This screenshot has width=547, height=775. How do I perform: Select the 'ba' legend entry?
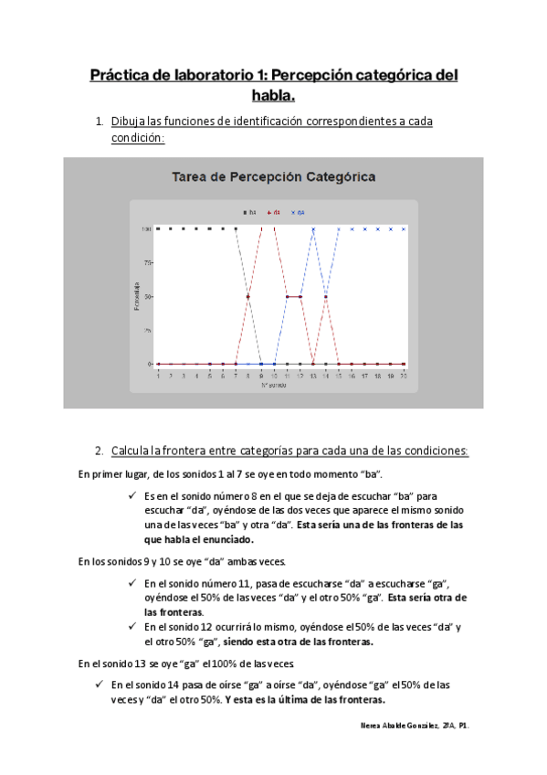(x=249, y=211)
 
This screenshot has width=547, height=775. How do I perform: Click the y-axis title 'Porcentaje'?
(x=136, y=296)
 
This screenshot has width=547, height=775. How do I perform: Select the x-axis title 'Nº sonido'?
(x=274, y=384)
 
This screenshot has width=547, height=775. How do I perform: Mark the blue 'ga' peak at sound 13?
(x=313, y=229)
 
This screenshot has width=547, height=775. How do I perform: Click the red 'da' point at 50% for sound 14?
(x=326, y=296)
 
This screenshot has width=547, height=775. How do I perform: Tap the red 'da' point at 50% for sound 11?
(x=288, y=296)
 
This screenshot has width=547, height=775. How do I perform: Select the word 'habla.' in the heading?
(x=273, y=95)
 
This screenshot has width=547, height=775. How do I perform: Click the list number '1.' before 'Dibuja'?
(x=100, y=122)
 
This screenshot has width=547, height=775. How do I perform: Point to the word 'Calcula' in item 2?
(x=134, y=451)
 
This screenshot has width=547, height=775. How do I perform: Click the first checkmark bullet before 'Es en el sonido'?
(x=133, y=495)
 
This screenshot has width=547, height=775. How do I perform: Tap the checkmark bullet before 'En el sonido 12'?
(x=133, y=627)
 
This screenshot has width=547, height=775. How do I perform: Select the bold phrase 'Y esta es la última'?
(x=278, y=701)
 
